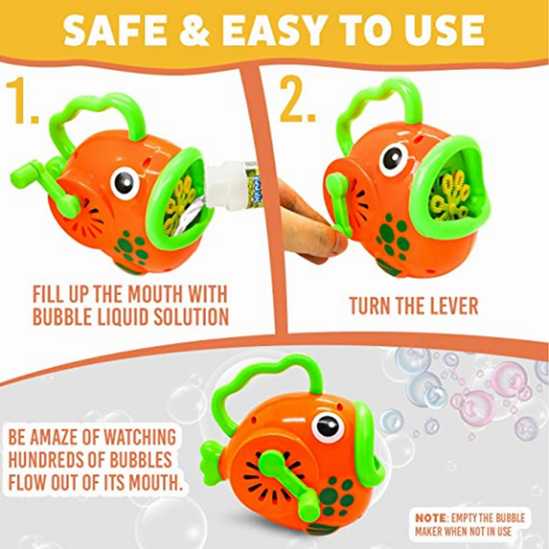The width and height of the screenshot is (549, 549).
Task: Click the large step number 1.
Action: pyautogui.click(x=22, y=101)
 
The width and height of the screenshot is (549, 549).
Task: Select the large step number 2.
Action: pyautogui.click(x=297, y=99)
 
